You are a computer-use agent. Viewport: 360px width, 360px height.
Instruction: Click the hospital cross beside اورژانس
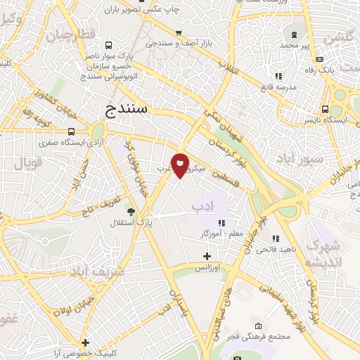206,256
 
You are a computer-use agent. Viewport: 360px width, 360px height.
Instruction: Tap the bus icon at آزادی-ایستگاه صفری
71,131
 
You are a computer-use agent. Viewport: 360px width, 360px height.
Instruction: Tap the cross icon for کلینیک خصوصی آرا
85,342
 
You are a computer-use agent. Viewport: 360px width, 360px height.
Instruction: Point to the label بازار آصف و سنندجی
180,44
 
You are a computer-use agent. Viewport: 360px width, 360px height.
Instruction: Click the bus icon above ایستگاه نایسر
324,109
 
